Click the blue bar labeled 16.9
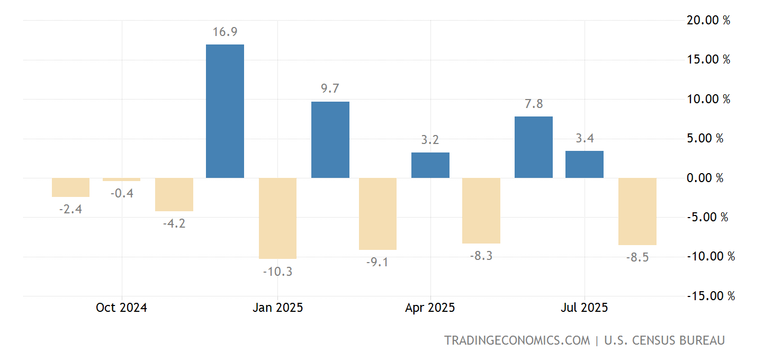click(225, 111)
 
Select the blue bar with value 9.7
click(330, 140)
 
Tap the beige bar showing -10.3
click(277, 218)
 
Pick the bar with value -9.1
click(377, 214)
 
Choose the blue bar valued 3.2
click(430, 165)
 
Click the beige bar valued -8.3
click(481, 211)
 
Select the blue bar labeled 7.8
click(534, 147)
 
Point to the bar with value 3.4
click(585, 164)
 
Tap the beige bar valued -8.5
click(637, 211)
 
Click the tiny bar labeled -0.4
click(122, 179)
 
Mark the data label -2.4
click(70, 209)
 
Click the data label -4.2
click(174, 223)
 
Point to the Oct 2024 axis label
click(121, 308)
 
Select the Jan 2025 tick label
click(277, 308)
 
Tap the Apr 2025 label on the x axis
click(430, 308)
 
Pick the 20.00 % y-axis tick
click(708, 21)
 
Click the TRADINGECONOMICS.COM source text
click(517, 340)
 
